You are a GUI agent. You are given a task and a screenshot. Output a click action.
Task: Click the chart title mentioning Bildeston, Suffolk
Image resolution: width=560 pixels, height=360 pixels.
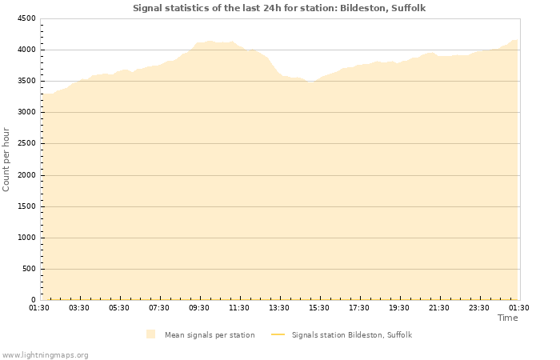pos(279,8)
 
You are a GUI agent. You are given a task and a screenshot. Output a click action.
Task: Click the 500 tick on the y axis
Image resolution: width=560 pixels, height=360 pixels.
pos(28,269)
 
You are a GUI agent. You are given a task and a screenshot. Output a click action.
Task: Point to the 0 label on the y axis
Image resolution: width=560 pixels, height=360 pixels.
pos(33,300)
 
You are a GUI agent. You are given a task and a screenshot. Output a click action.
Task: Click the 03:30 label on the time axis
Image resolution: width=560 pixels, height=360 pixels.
pos(79,308)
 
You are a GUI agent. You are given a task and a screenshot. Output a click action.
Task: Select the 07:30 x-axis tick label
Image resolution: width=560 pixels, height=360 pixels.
pos(159,308)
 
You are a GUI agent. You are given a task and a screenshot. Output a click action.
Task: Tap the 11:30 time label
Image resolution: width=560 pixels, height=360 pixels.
pos(239,308)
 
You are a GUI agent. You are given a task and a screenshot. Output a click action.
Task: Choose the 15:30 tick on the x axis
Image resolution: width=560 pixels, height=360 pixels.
pos(319,308)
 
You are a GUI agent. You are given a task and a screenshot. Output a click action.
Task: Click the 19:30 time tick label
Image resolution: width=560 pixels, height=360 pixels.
pos(399,308)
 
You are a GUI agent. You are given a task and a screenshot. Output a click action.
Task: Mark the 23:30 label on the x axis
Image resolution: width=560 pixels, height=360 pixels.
pos(479,308)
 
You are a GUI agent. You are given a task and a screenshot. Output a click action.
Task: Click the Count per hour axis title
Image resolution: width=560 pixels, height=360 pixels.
pos(7,159)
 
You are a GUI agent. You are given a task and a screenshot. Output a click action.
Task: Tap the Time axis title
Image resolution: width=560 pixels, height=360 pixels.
pos(507,318)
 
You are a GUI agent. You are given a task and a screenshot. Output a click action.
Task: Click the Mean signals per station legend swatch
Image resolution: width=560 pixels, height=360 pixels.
pos(150,334)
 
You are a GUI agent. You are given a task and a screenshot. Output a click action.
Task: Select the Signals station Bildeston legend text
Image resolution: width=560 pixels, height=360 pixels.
pos(351,334)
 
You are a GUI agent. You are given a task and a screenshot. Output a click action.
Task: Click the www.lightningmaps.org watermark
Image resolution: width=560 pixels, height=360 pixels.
pos(45,354)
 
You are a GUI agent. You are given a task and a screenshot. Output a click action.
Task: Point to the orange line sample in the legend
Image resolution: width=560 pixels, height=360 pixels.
pos(278,334)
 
